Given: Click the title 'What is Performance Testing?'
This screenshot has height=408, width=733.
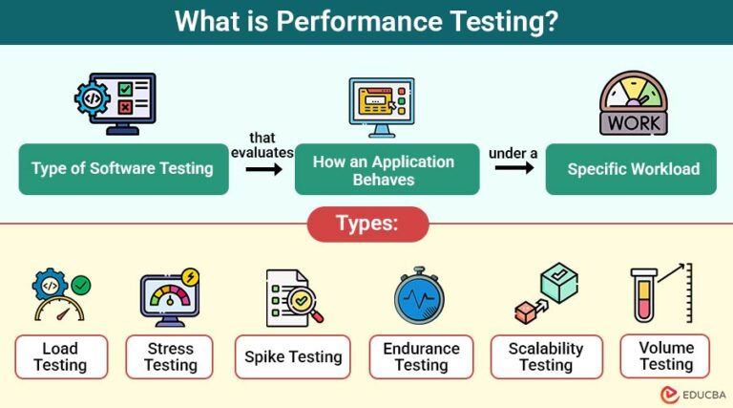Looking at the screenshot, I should tap(366, 21).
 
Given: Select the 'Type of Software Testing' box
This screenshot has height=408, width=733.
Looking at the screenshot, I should tap(123, 169).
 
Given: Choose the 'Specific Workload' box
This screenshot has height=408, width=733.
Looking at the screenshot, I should tap(632, 169).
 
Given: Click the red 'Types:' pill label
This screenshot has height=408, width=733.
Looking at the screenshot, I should tap(367, 225).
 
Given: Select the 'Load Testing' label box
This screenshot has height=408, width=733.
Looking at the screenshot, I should tap(60, 356).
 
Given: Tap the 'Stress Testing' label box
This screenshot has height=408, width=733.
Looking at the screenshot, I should tap(171, 356).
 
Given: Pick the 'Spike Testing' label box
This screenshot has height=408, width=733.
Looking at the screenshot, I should tap(292, 356).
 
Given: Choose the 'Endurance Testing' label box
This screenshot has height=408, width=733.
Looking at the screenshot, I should tap(421, 356).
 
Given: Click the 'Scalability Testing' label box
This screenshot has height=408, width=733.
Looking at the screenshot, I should tap(546, 356).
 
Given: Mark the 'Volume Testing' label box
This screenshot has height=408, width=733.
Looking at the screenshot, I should tap(665, 355).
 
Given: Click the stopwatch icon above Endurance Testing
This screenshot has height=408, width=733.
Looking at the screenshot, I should tap(419, 295).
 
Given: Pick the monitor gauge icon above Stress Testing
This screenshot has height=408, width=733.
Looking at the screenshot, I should tap(169, 299).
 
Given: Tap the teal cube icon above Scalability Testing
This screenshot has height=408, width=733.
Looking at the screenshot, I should tap(559, 284).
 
